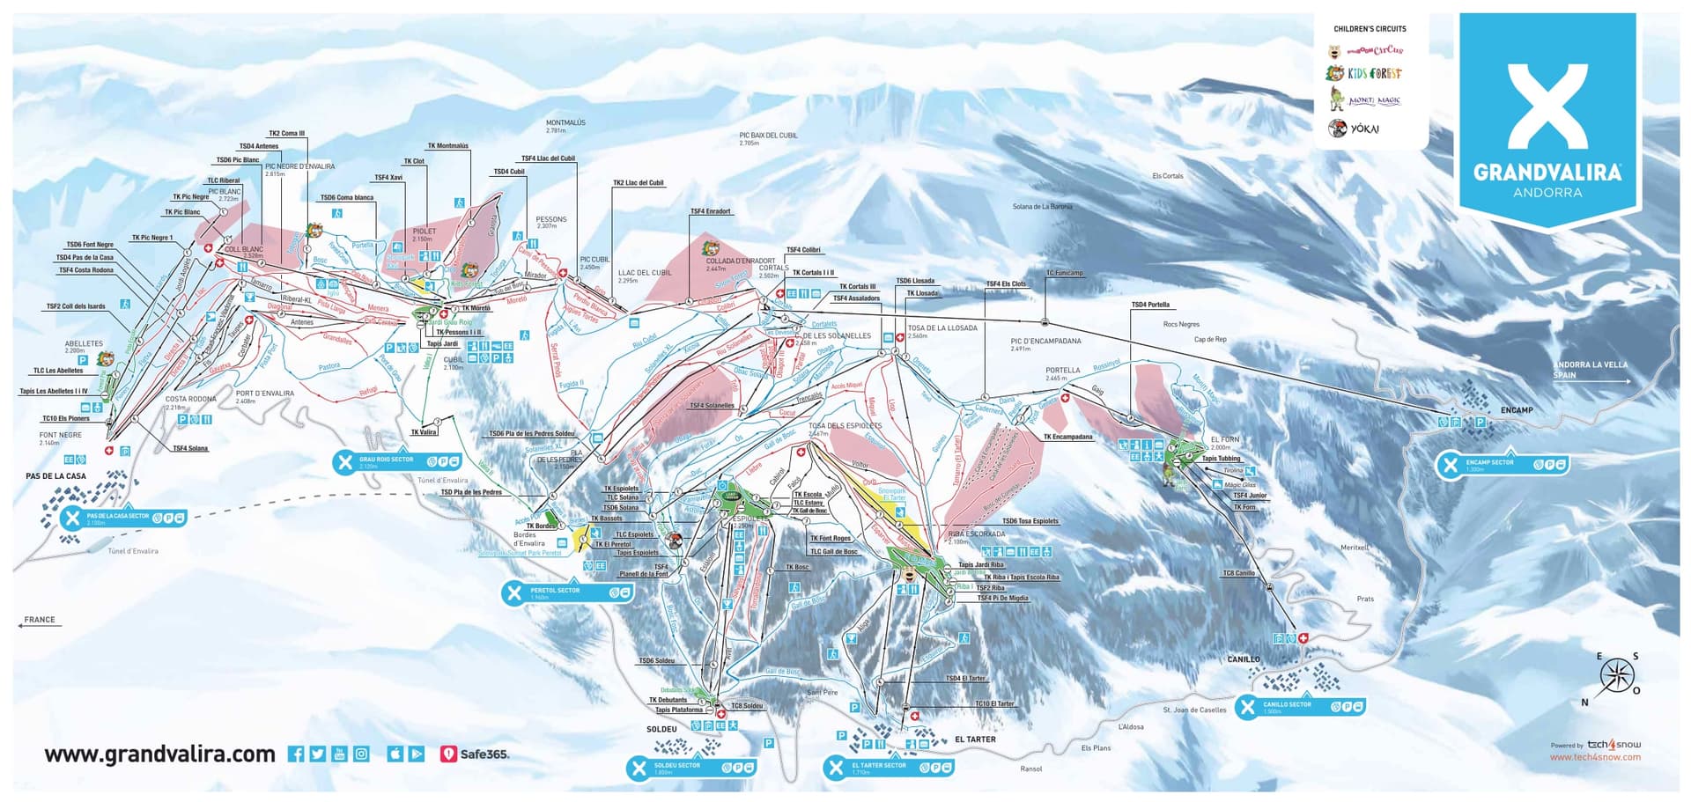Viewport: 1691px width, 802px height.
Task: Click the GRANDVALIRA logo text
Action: coord(1547,172)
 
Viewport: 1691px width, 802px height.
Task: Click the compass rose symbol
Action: coord(1616,677)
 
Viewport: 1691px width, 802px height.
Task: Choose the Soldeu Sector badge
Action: coord(690,768)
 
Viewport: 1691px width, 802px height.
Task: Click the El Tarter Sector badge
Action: coord(888,768)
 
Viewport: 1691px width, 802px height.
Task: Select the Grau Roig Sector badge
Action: coord(396,461)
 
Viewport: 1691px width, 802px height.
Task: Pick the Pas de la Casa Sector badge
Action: coord(123,519)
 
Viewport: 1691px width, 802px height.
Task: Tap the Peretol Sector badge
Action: coord(567,592)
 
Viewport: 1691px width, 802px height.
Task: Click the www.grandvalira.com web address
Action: coord(159,754)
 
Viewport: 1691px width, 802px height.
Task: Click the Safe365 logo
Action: coord(474,754)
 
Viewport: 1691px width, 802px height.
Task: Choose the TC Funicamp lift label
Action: coord(1064,273)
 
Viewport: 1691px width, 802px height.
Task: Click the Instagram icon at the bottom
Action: coord(361,754)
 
